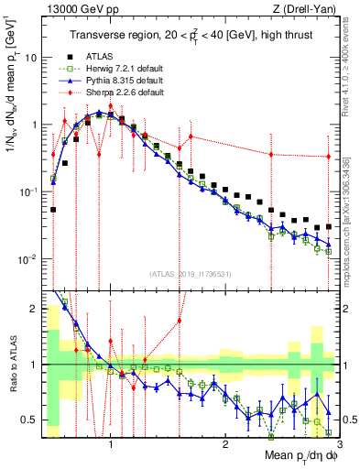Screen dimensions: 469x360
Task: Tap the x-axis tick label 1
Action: click(111, 441)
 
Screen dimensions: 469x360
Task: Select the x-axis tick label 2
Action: click(225, 441)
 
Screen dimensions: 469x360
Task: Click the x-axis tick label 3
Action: click(338, 441)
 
